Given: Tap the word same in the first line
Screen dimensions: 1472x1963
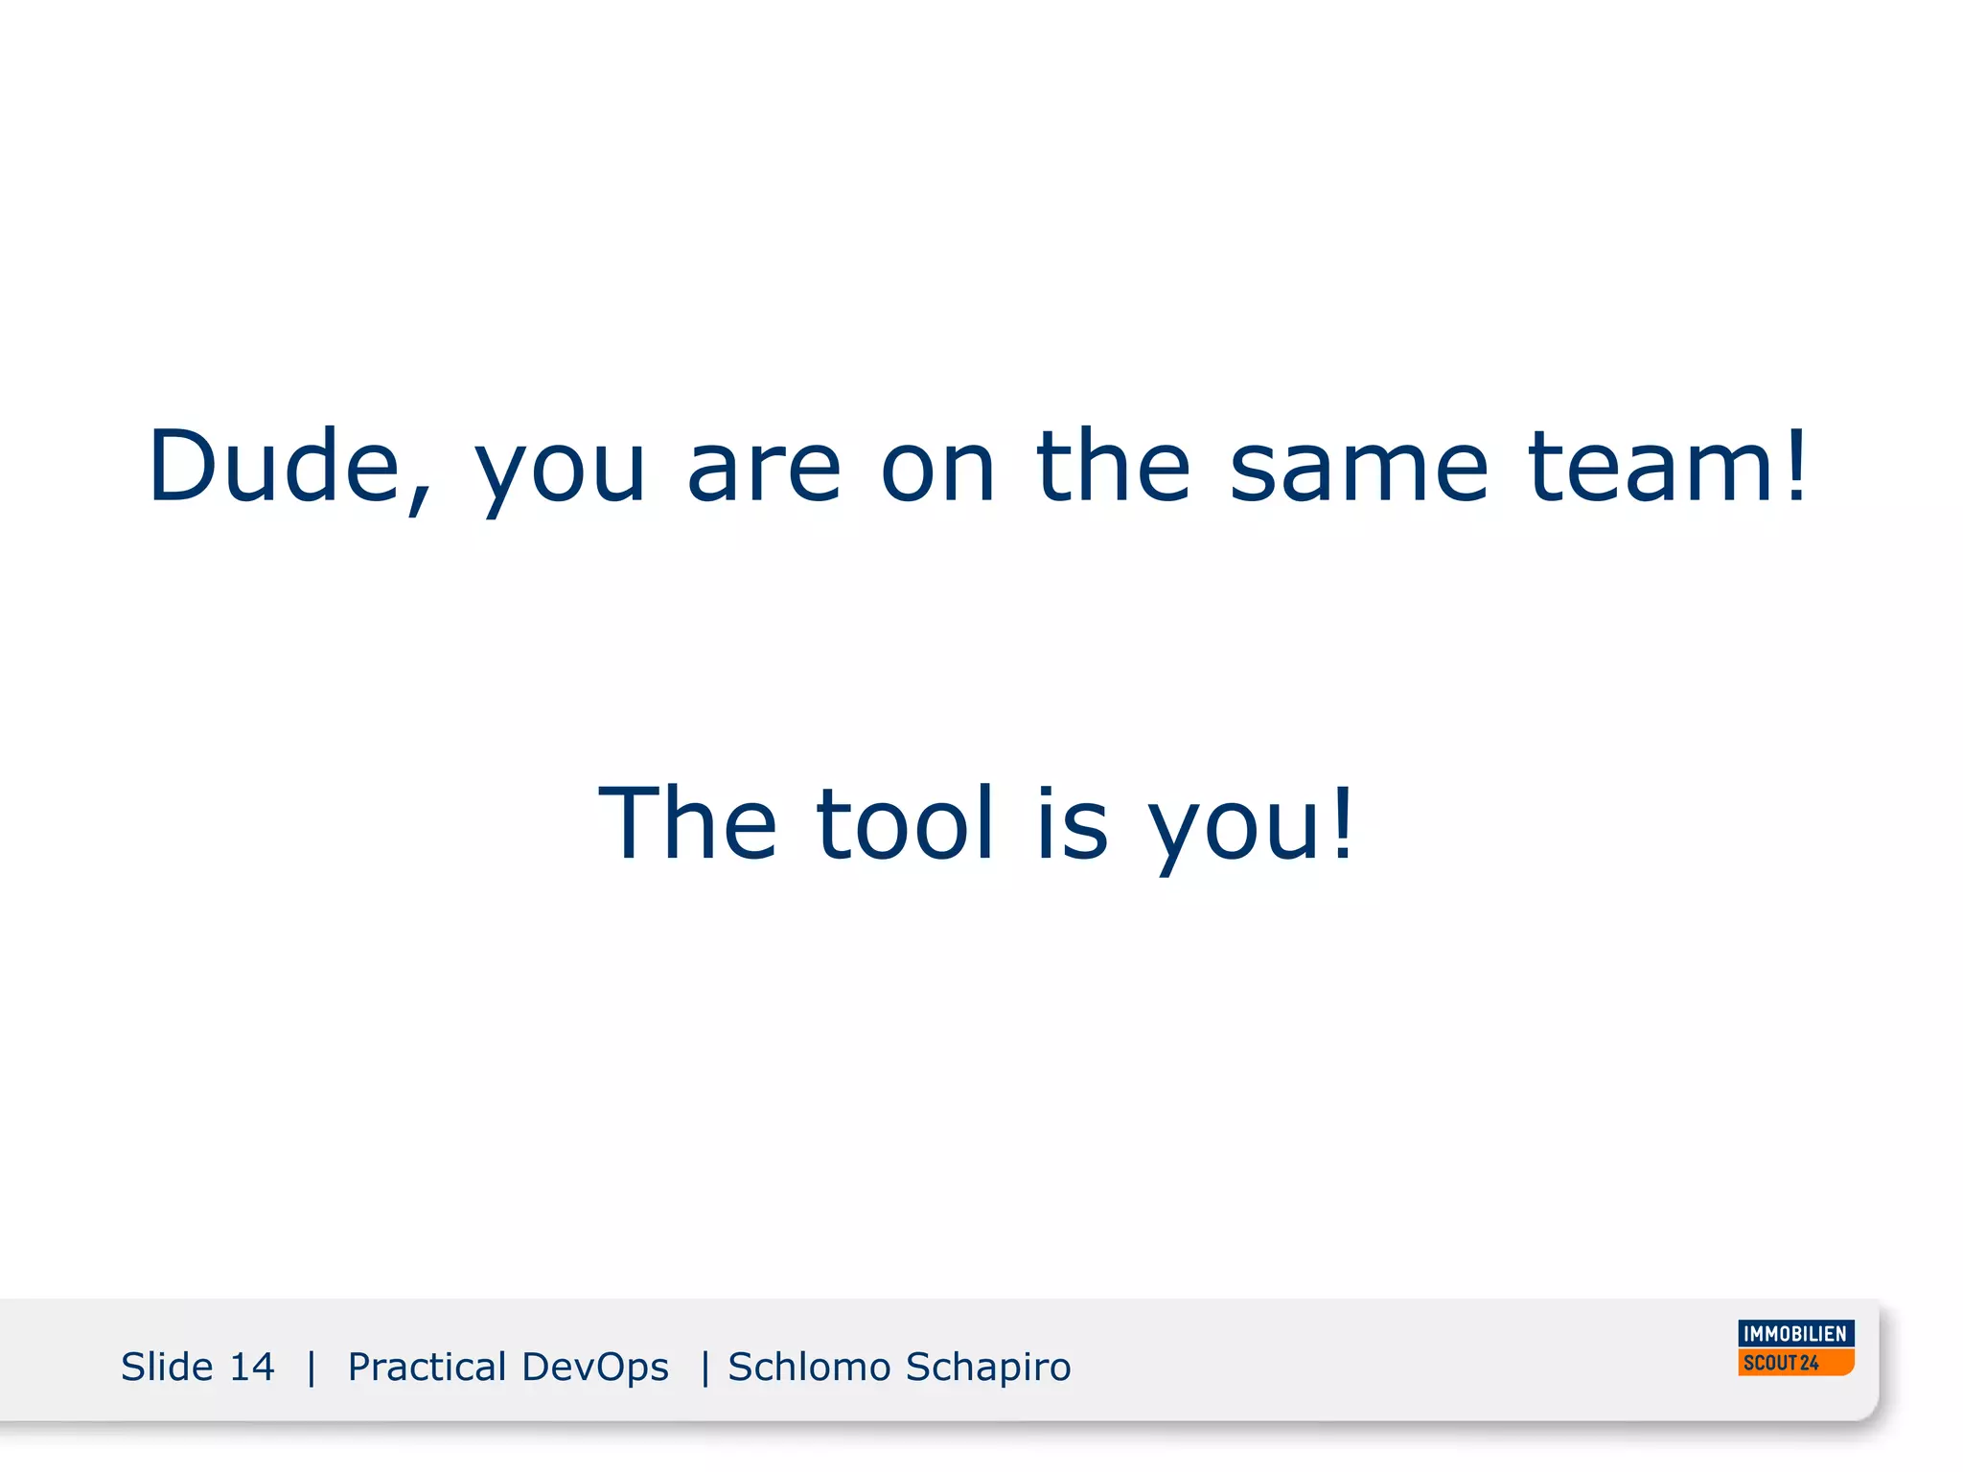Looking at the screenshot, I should pyautogui.click(x=1358, y=467).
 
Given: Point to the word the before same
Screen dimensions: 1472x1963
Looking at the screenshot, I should pyautogui.click(x=1113, y=467).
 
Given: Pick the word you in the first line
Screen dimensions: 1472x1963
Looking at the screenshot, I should pyautogui.click(x=561, y=474).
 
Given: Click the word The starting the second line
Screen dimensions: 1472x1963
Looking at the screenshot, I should pyautogui.click(x=687, y=823).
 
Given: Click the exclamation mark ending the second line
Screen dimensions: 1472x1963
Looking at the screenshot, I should pyautogui.click(x=1344, y=823).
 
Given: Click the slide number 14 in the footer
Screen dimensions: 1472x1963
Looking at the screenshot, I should pyautogui.click(x=252, y=1367).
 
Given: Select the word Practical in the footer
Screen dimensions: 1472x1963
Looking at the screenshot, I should pyautogui.click(x=427, y=1367).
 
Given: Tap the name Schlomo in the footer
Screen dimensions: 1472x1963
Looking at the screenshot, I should pyautogui.click(x=809, y=1367).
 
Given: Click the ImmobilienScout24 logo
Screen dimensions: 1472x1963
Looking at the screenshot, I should pyautogui.click(x=1795, y=1347).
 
